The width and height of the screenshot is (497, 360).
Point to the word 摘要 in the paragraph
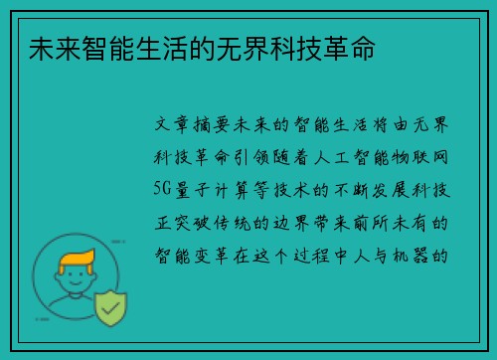coord(215,126)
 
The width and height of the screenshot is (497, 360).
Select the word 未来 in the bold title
coord(41,49)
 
